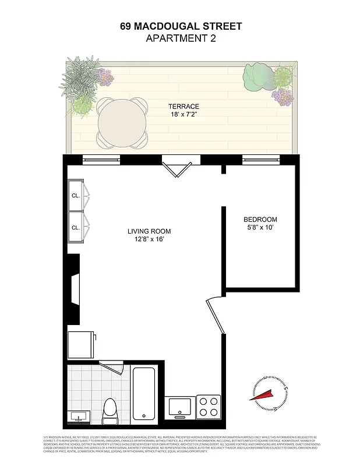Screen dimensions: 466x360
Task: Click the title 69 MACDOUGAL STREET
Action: (x=181, y=26)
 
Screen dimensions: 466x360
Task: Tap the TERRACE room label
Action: (x=183, y=107)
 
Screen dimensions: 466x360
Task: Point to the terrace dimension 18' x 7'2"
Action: (x=183, y=115)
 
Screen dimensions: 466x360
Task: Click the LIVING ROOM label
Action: (x=149, y=231)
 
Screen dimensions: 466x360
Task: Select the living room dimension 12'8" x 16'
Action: (x=149, y=239)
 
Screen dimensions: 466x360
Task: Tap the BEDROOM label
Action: (x=260, y=220)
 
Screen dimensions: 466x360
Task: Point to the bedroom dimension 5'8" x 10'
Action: (x=260, y=228)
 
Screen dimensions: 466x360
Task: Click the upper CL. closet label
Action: (x=76, y=196)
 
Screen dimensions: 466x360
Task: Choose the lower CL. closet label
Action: (x=76, y=228)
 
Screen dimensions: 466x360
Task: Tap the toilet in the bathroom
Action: (x=110, y=411)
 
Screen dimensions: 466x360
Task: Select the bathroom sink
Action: (x=77, y=416)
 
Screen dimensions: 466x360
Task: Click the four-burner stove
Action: (x=207, y=407)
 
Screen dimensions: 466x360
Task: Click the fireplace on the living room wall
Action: (x=73, y=290)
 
